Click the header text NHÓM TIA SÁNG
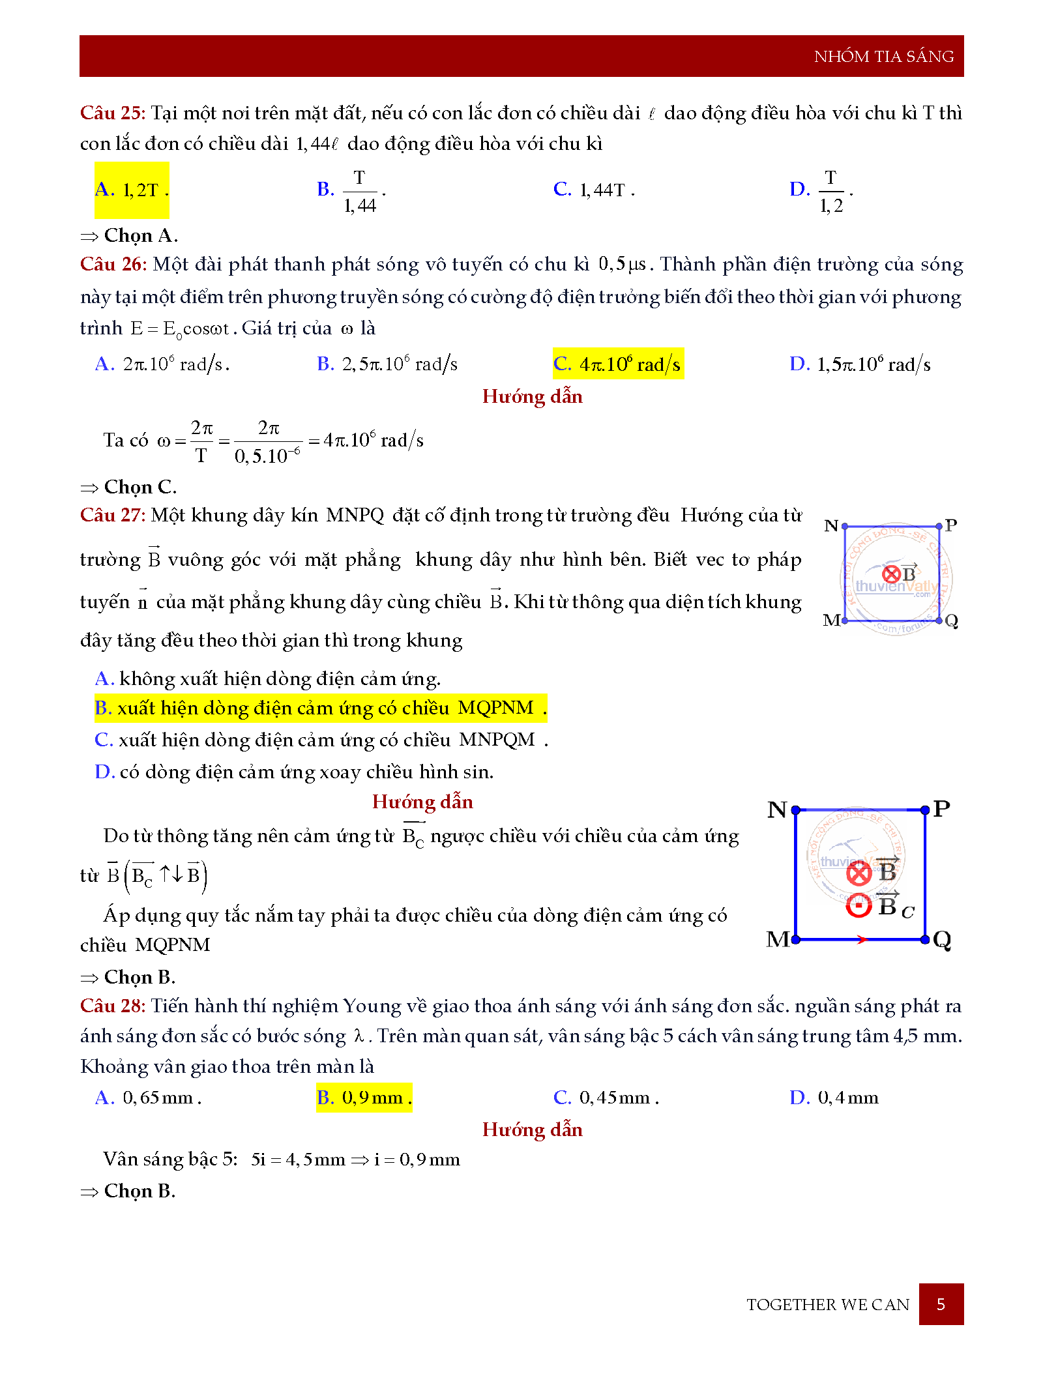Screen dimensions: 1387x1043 (883, 57)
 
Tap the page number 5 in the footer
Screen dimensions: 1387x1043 (940, 1304)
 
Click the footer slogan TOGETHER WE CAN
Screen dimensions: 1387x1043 (827, 1305)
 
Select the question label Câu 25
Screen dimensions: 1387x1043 (111, 113)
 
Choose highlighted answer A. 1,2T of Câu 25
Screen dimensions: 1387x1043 (132, 190)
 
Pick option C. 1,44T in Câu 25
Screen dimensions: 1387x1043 (593, 190)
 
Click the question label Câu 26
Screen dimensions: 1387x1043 (112, 264)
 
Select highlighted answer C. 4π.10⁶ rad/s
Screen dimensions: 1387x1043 (617, 364)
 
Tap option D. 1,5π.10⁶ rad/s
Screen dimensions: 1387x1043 (859, 364)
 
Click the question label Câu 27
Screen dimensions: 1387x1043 (111, 515)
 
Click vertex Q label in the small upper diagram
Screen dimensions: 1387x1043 (951, 620)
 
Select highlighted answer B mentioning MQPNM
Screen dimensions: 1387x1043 (320, 708)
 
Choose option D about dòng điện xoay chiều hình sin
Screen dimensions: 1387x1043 (294, 772)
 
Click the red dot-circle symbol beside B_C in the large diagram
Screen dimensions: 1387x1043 (859, 905)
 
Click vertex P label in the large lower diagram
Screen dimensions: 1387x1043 (941, 809)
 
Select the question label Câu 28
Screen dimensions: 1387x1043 (111, 1006)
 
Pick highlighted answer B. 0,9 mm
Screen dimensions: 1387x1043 (364, 1098)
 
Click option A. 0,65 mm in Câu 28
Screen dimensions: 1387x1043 (148, 1098)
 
